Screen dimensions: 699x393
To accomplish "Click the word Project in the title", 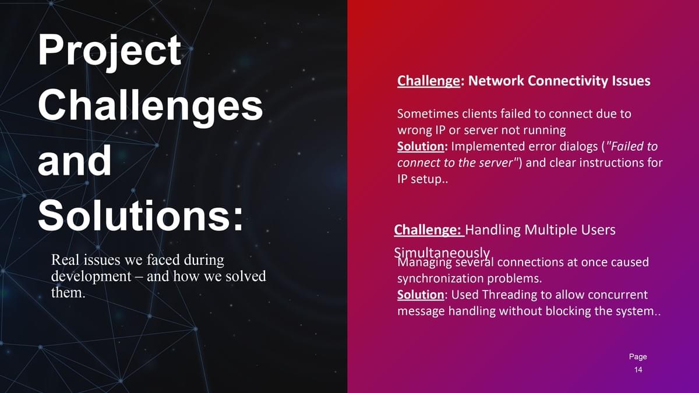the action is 110,51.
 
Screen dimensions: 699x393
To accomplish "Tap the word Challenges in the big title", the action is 150,107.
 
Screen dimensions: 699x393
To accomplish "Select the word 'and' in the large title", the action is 75,161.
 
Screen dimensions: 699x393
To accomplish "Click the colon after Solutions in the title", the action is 238,218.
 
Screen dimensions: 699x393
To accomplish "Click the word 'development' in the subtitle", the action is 91,277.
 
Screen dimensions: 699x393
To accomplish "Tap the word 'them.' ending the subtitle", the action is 68,292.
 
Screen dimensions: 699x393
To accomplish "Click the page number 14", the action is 638,370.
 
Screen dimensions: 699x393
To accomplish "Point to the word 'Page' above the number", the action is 638,357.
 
